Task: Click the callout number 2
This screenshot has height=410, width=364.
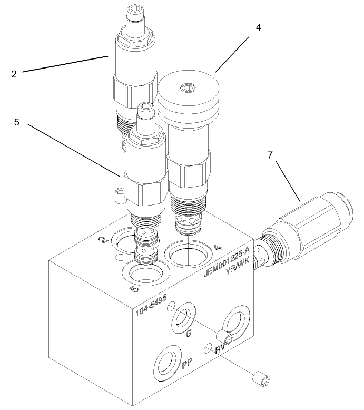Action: click(x=14, y=74)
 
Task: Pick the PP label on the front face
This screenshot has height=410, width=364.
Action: click(x=185, y=364)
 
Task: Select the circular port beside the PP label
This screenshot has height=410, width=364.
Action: click(x=166, y=363)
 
